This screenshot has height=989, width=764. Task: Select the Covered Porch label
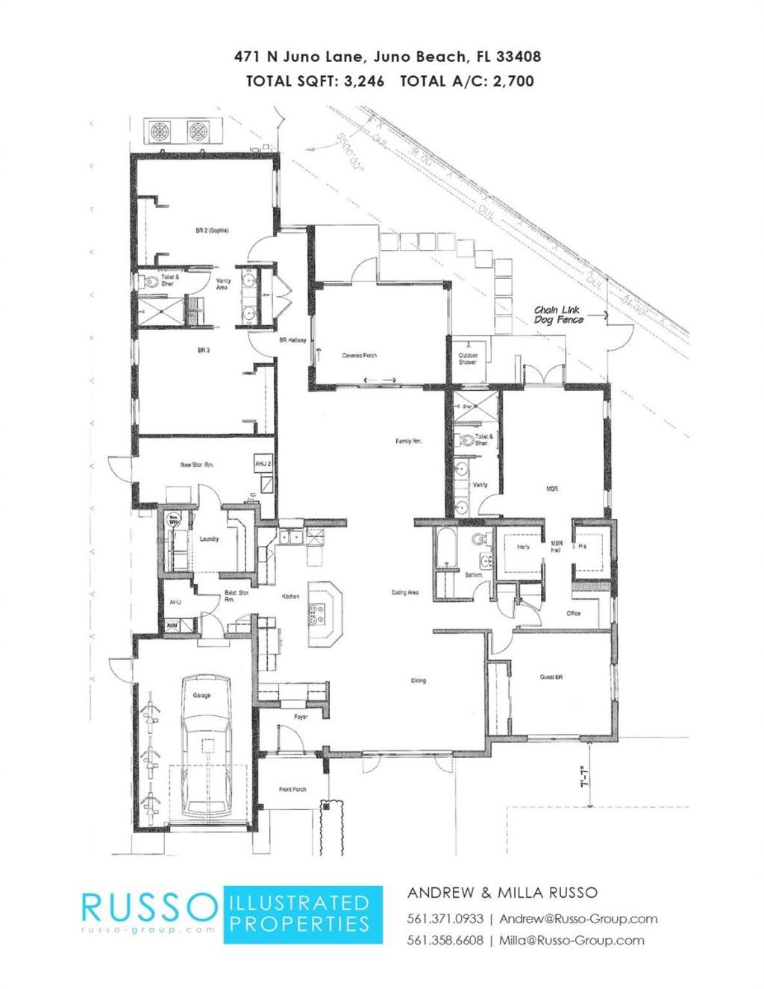coord(360,356)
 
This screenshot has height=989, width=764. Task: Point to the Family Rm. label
coord(410,442)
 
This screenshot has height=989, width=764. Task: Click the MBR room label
coord(552,489)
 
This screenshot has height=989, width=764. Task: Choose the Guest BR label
coord(551,677)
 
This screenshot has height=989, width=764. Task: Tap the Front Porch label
coord(293,790)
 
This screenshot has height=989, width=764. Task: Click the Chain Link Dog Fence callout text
coord(559,314)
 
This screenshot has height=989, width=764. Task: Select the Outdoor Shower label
coord(468,359)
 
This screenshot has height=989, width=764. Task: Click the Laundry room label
coord(209,539)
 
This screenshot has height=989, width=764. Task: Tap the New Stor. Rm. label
coord(198,465)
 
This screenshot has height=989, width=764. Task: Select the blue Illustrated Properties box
coord(303,914)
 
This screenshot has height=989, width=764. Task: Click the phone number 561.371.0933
coord(445,918)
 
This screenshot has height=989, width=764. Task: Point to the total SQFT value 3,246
coord(364,81)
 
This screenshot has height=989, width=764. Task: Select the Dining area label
coord(419,680)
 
